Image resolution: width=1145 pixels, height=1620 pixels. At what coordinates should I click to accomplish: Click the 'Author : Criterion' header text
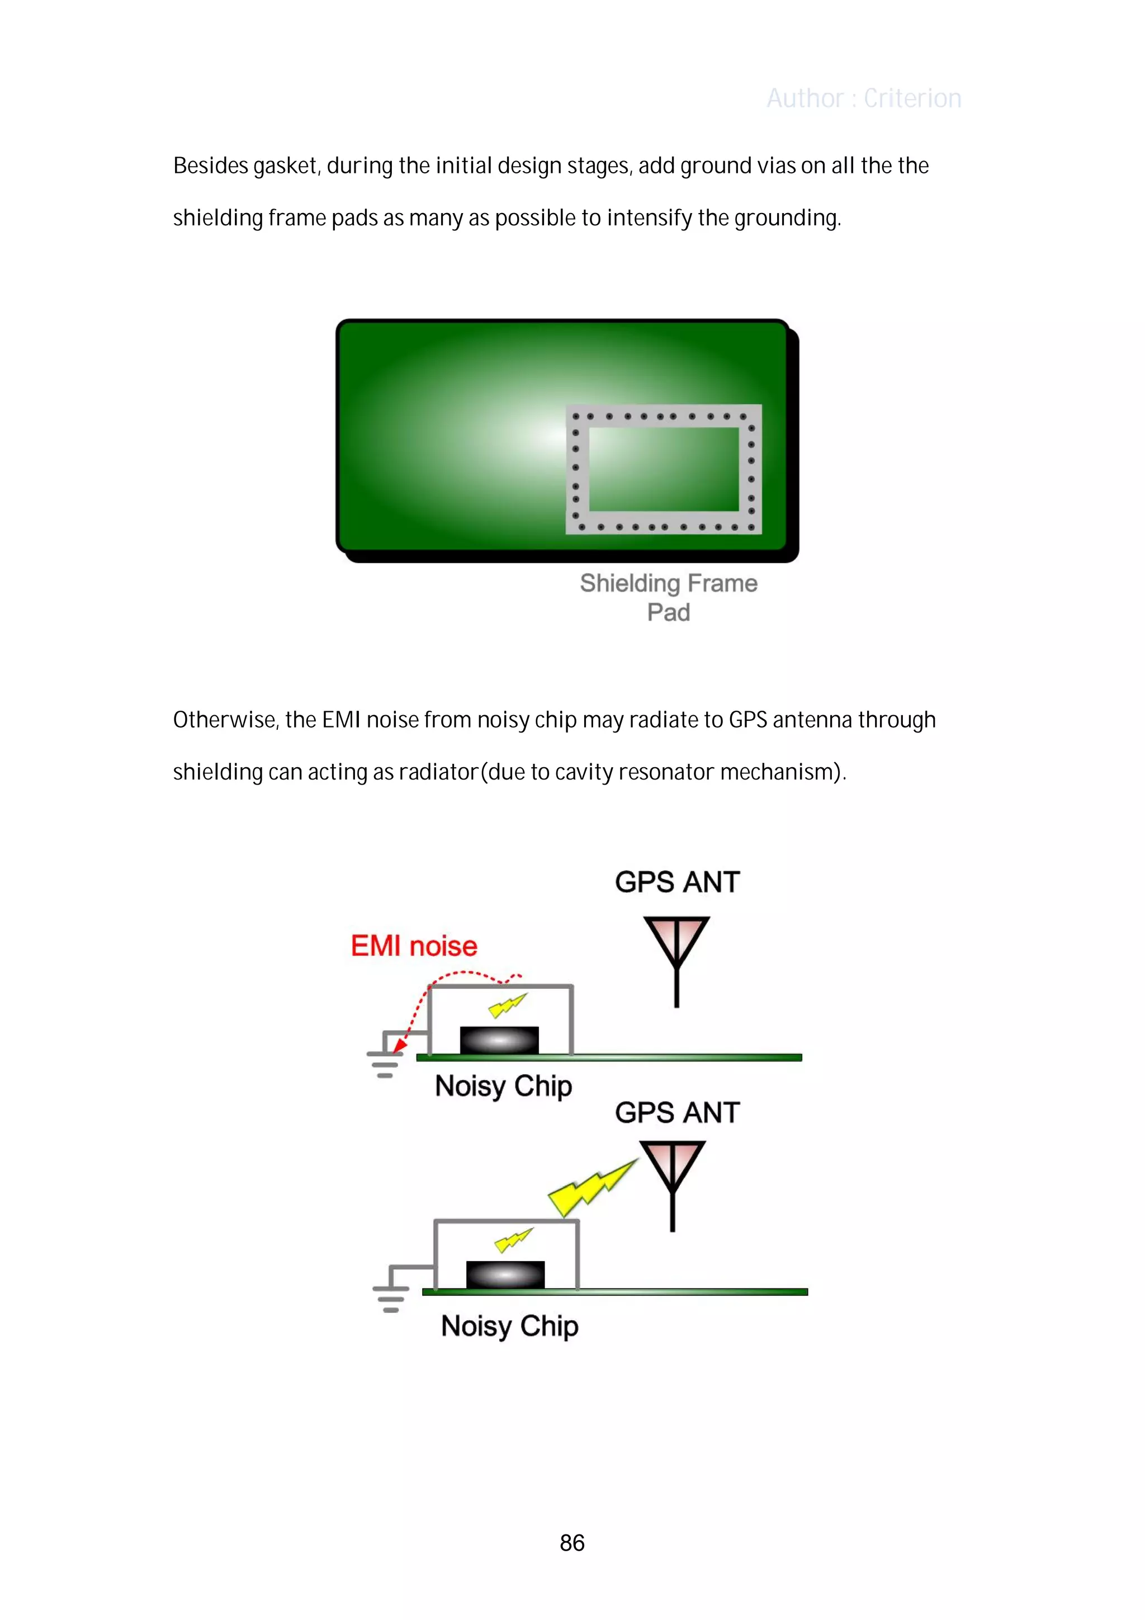point(864,98)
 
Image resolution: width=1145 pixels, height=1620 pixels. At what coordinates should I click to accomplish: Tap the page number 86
point(572,1542)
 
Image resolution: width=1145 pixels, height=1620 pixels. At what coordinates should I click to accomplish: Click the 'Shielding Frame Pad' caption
point(668,597)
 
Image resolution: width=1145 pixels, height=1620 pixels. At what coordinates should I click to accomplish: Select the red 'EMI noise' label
point(414,946)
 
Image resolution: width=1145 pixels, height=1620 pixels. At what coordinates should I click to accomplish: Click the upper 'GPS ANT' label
point(677,882)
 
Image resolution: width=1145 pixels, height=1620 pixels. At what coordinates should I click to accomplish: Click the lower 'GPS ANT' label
point(677,1113)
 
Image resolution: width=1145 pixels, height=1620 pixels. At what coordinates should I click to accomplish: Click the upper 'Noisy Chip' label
point(503,1086)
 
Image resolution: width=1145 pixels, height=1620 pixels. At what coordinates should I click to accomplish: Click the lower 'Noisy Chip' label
point(509,1326)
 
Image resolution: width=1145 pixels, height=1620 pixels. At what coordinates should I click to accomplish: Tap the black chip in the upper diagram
point(499,1040)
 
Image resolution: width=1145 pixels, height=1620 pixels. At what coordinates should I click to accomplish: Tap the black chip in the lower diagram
point(505,1274)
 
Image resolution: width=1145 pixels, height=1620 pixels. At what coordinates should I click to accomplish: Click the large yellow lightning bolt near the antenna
point(591,1188)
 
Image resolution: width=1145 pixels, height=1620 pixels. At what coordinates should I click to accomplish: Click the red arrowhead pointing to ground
point(399,1045)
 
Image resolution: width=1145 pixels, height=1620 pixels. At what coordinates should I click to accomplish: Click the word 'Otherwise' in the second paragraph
point(226,720)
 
